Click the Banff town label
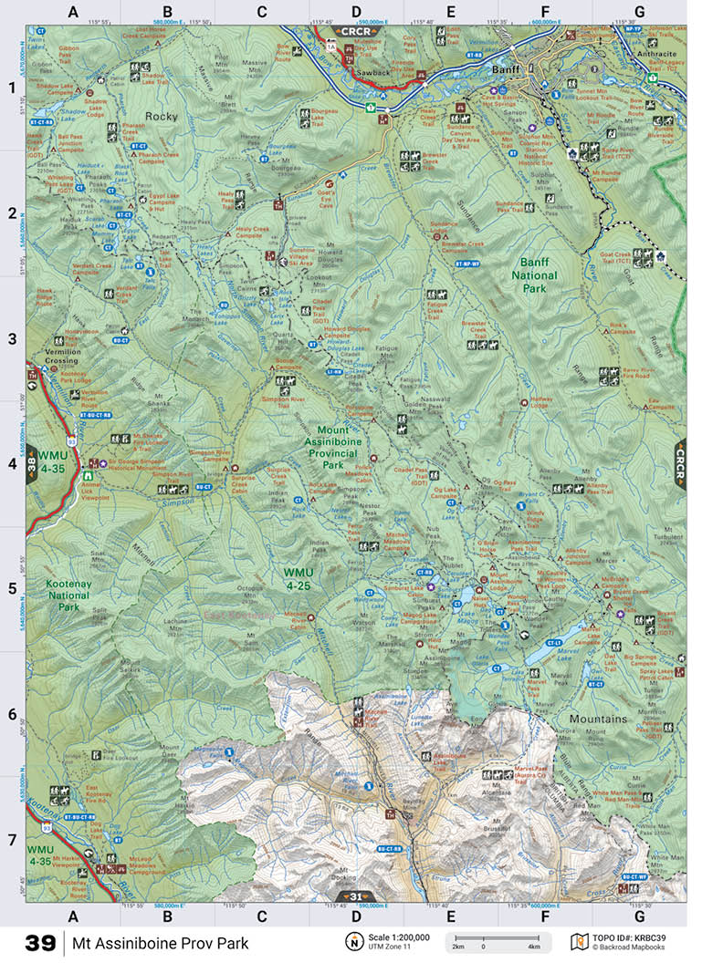tap(504, 68)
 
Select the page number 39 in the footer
tap(40, 943)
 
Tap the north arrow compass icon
tap(351, 942)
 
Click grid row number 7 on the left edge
tap(12, 838)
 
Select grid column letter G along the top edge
tap(639, 12)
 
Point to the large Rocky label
tap(162, 117)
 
